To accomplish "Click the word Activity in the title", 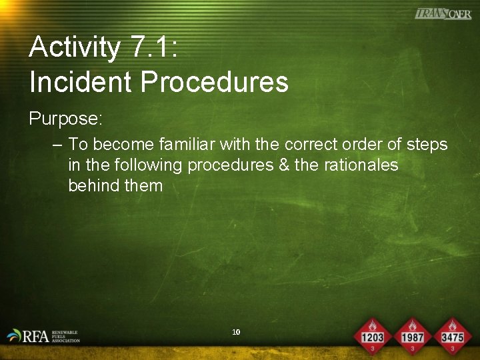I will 75,48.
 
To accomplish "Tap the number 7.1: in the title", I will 153,48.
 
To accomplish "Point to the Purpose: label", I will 65,119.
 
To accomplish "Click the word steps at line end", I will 427,145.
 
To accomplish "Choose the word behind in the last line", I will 94,185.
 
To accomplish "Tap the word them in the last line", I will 144,185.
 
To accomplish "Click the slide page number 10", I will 236,332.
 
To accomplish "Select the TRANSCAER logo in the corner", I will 443,14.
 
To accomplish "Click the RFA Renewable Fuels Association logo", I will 43,335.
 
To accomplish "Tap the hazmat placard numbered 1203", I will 373,335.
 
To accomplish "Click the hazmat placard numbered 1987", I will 413,335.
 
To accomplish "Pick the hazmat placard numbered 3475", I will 452,335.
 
